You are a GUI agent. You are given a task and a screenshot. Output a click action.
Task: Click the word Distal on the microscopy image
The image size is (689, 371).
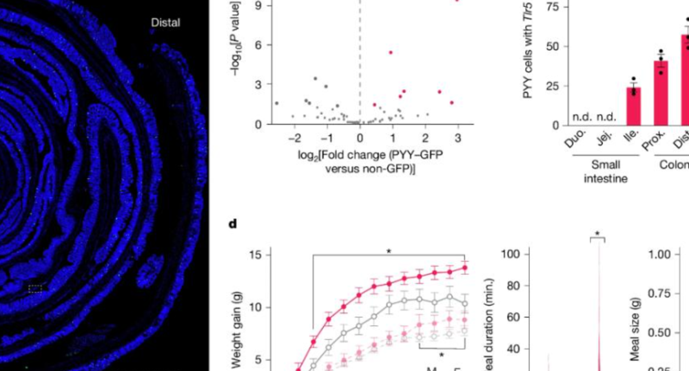(x=165, y=23)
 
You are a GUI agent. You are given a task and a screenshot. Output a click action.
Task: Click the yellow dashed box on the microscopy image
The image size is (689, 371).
(x=35, y=290)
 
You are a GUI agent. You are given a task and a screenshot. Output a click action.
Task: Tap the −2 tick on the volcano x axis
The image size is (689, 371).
(x=294, y=137)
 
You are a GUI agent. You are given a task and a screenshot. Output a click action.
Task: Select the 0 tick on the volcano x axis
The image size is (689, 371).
(x=360, y=137)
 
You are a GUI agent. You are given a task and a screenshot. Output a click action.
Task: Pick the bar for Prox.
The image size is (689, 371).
(x=661, y=93)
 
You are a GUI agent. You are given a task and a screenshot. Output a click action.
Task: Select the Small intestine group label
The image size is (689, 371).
(x=606, y=171)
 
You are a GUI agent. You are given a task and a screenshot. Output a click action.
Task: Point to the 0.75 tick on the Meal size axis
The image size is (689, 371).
(x=661, y=293)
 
